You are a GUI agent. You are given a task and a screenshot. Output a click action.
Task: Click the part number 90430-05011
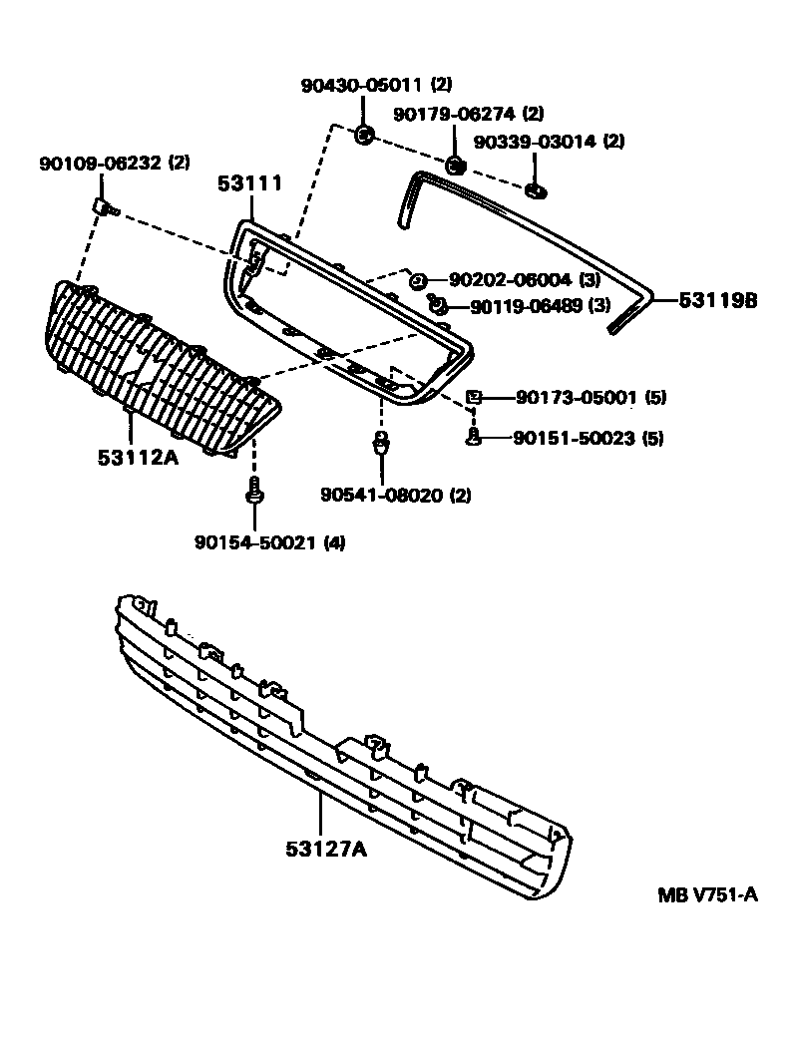pos(362,86)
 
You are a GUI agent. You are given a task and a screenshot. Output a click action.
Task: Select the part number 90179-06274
pos(454,114)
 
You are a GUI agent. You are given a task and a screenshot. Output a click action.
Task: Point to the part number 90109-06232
pos(102,162)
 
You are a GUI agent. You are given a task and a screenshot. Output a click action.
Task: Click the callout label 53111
pos(250,183)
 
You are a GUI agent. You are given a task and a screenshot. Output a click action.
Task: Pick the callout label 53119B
pos(718,298)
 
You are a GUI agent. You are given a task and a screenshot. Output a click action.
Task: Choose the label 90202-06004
pos(510,281)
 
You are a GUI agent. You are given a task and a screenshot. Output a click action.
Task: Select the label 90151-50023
pos(575,438)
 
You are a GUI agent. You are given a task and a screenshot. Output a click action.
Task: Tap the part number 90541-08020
pos(382,495)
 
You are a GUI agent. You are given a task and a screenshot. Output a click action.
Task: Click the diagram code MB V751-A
pos(707,894)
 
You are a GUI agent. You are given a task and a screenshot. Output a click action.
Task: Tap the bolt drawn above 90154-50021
pos(254,491)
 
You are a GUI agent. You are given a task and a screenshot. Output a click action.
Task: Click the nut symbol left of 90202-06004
pos(419,280)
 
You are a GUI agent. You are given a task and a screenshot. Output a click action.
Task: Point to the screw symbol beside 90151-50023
pos(475,437)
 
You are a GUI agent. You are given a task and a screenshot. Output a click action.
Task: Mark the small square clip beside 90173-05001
pos(475,398)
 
